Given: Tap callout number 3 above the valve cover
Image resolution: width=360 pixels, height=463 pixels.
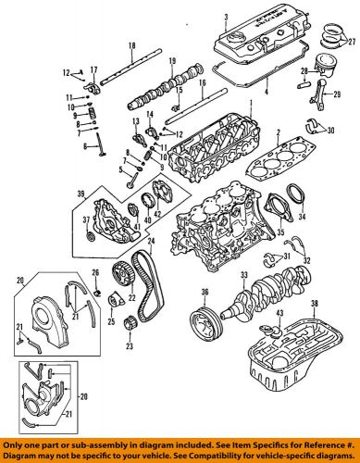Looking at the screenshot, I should pos(225,17).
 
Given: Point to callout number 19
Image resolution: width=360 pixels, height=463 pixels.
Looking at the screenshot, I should pos(172,61).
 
